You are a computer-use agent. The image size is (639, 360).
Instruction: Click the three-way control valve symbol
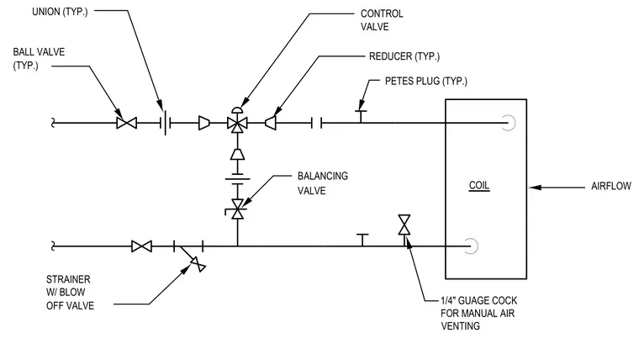point(237,121)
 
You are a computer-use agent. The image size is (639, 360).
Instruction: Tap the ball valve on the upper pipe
point(126,123)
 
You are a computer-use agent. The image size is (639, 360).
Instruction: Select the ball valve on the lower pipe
point(141,246)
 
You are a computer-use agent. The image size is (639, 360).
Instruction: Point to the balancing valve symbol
point(237,209)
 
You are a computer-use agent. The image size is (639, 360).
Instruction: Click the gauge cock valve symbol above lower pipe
point(404,225)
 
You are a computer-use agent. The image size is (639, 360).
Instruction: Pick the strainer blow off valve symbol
point(198,264)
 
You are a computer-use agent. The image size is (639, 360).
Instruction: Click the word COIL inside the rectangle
point(479,186)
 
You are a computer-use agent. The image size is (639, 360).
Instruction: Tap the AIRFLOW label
point(611,187)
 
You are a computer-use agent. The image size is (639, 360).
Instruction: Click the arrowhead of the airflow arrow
point(535,188)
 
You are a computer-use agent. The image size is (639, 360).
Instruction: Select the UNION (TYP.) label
point(60,12)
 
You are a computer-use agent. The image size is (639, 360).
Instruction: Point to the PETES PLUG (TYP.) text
point(426,81)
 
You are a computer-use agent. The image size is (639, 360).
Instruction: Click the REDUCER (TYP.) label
point(404,56)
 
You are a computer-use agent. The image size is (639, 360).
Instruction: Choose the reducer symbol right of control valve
point(270,123)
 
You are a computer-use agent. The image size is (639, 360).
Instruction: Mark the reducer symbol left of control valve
point(204,123)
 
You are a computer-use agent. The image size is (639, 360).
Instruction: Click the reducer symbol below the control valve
point(237,155)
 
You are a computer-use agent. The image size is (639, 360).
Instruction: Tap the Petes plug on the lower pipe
point(362,240)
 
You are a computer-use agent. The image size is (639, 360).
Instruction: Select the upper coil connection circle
point(511,123)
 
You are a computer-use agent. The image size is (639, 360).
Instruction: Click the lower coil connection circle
point(473,246)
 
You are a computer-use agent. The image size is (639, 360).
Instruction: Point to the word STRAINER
point(68,280)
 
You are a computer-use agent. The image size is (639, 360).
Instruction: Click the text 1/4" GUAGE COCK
point(479,301)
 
